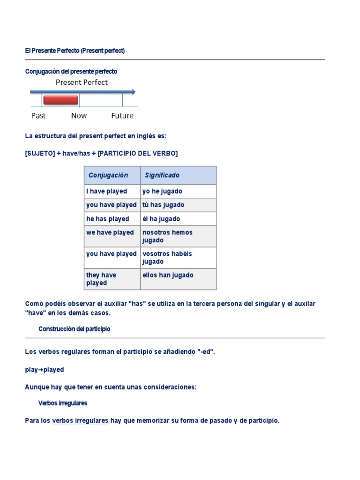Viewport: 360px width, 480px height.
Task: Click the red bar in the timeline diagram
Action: [x=60, y=100]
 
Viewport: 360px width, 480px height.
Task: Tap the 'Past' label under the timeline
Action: [x=38, y=116]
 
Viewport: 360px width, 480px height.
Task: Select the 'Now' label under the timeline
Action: [x=79, y=116]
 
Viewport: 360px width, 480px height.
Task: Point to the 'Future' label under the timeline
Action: [x=122, y=116]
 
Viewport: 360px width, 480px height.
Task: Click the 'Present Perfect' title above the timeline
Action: [x=82, y=82]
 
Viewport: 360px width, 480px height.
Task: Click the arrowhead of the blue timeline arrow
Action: [x=134, y=92]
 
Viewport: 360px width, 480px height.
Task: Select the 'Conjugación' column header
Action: [x=108, y=175]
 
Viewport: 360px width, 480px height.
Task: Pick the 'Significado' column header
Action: [x=162, y=175]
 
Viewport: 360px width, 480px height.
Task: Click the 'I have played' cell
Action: [x=106, y=191]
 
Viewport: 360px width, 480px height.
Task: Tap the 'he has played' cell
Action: [x=108, y=219]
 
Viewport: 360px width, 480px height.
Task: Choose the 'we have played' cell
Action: [x=110, y=232]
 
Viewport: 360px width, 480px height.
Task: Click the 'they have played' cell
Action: [x=101, y=279]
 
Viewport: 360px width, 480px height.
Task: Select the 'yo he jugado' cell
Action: [x=162, y=191]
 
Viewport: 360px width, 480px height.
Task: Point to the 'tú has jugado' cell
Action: [x=163, y=205]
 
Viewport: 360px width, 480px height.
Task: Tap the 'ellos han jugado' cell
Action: [x=168, y=275]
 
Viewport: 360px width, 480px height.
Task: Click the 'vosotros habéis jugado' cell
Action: [x=167, y=257]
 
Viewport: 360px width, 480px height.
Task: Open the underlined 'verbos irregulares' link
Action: [x=80, y=420]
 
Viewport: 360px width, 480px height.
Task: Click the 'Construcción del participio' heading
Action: [x=75, y=329]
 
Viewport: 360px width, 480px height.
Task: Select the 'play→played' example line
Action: [x=45, y=370]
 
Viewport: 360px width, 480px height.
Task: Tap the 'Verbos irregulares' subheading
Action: [x=62, y=403]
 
